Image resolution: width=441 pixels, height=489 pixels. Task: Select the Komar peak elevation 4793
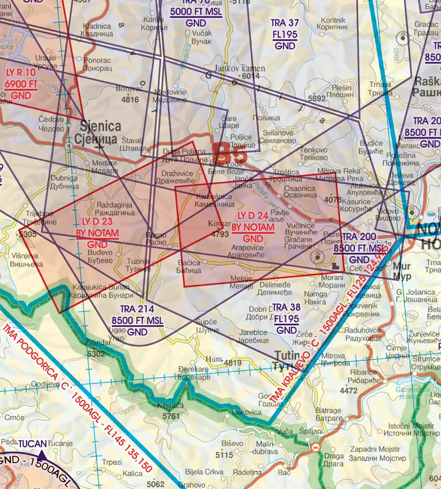tap(220, 234)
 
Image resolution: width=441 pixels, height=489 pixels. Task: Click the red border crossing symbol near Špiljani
tap(316, 447)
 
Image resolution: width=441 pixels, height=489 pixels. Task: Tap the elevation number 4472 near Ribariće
tap(348, 391)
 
